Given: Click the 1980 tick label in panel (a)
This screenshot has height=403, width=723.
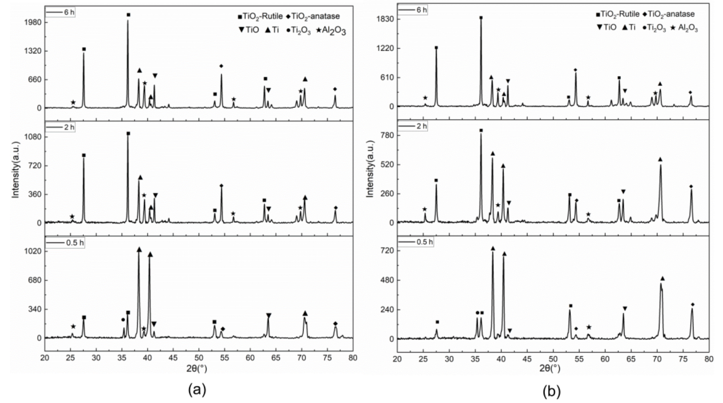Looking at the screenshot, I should pos(34,22).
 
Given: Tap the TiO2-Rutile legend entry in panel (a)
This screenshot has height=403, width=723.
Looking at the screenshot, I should pos(260,16).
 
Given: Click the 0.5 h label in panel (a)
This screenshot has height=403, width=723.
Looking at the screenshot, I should pos(75,243).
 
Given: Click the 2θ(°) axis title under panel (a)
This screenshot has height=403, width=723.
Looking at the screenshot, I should pos(197,369).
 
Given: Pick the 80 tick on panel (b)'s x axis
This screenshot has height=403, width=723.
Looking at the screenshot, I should pos(709,359).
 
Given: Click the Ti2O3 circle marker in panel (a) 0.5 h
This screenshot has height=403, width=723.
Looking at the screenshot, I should pos(123,320).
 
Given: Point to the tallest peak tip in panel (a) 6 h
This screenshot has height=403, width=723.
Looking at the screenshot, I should pos(128,20).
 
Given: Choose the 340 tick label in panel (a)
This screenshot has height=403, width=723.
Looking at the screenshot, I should pos(35,309).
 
